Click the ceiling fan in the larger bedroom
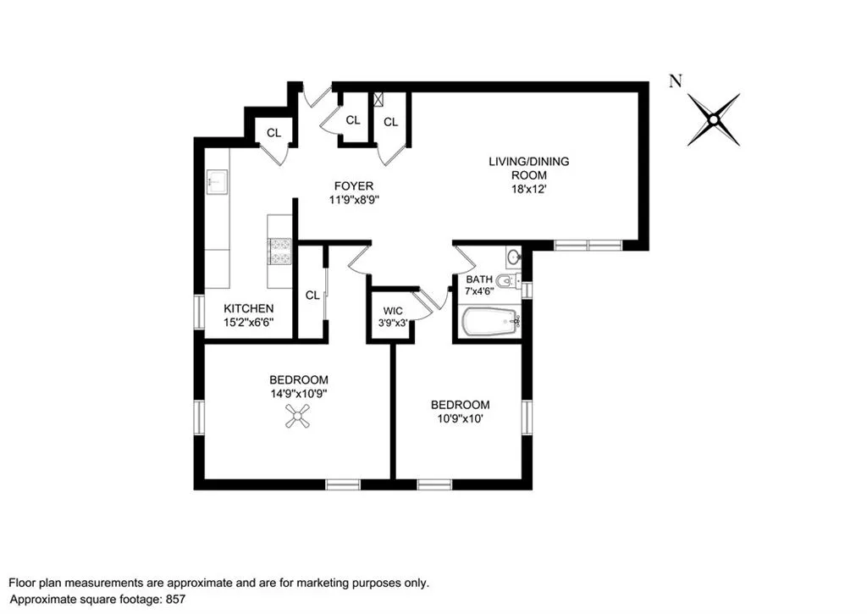point(297,416)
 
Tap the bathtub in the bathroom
point(490,321)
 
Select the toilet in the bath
point(508,282)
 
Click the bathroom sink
point(514,257)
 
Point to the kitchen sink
point(217,182)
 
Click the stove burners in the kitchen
point(279,252)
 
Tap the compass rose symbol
point(714,119)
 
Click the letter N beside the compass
point(675,80)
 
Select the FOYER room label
point(354,185)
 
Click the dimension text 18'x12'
point(529,189)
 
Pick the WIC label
point(393,311)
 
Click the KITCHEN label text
point(248,308)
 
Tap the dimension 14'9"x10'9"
point(299,393)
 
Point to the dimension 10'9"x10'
point(461,418)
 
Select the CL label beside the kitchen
point(312,296)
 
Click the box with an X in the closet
point(378,99)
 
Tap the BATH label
point(479,279)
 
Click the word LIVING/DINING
point(528,162)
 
